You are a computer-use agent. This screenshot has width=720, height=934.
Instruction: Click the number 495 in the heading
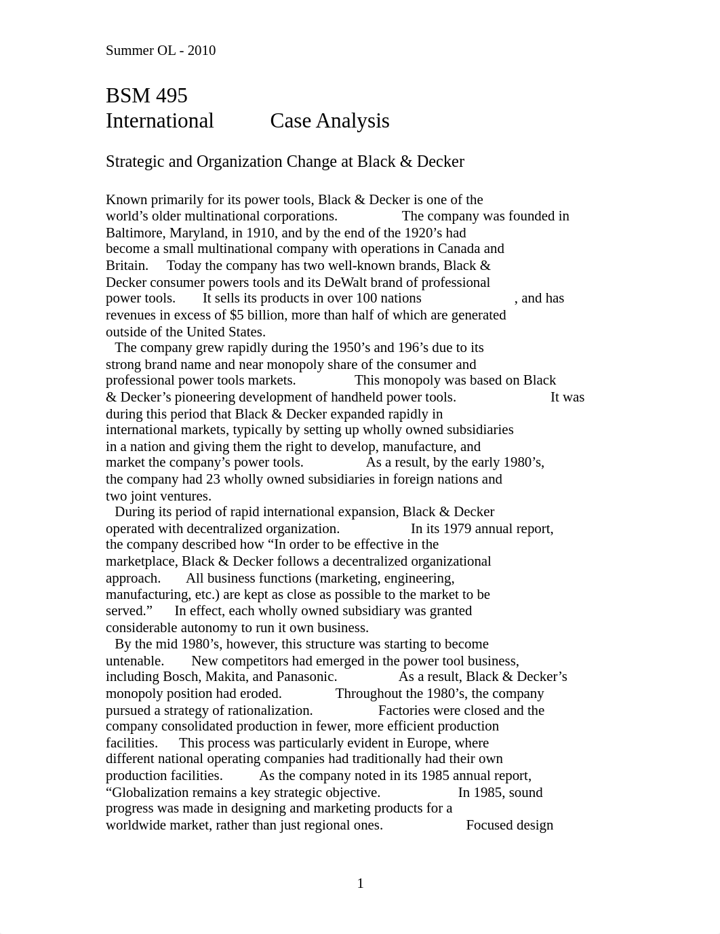pyautogui.click(x=171, y=96)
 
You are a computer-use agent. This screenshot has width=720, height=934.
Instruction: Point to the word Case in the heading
pyautogui.click(x=290, y=121)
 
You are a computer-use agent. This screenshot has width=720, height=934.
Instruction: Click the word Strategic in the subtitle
pyautogui.click(x=136, y=161)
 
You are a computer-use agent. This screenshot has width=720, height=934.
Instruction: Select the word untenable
pyautogui.click(x=134, y=661)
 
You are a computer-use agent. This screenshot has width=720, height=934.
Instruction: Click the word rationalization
pyautogui.click(x=268, y=710)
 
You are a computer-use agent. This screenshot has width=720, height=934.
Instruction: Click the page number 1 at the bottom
pyautogui.click(x=360, y=883)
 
